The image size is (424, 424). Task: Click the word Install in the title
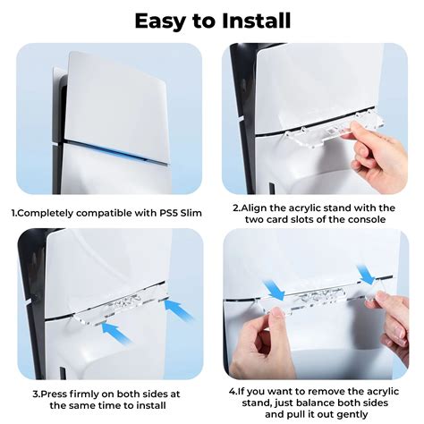point(257,21)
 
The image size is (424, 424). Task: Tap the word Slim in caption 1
point(191,213)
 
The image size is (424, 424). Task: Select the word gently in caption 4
point(352,414)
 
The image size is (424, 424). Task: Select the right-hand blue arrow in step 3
point(178,310)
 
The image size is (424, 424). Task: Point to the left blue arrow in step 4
point(274,289)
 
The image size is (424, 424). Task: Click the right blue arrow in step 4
point(366,274)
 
